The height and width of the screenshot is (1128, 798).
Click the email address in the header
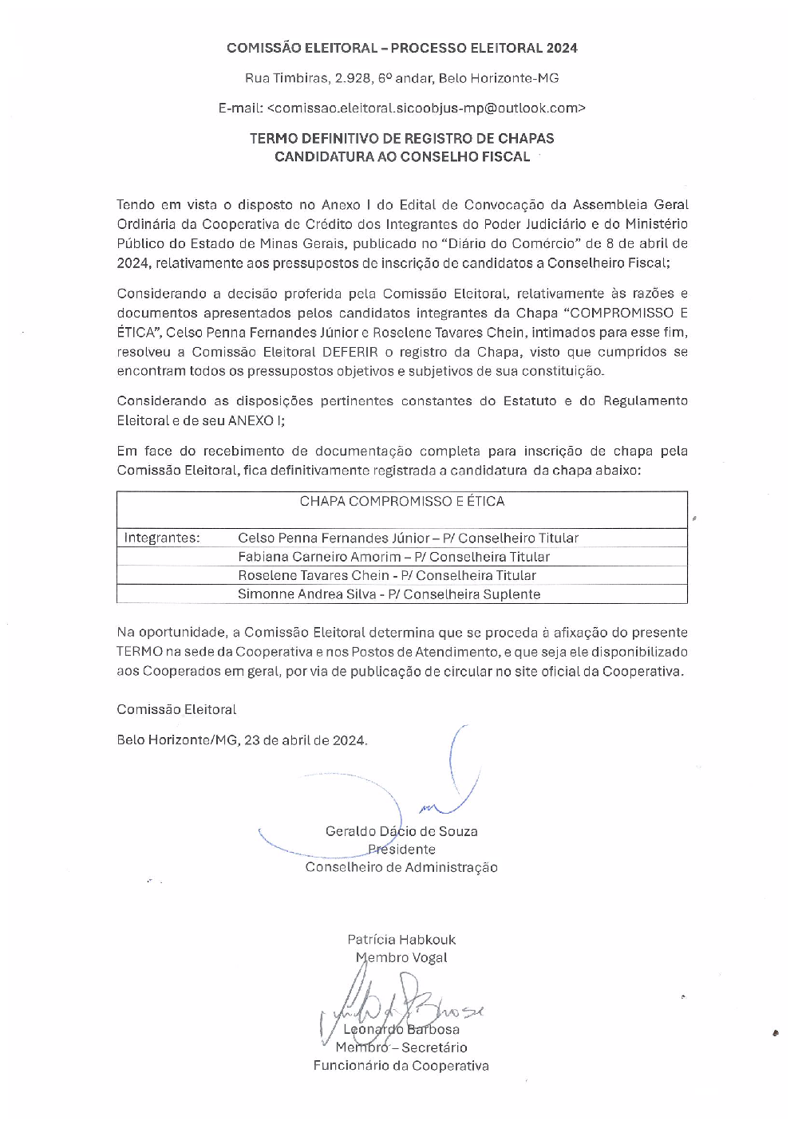point(425,108)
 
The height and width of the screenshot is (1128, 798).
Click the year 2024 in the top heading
point(562,48)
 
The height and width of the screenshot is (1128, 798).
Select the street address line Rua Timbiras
point(401,78)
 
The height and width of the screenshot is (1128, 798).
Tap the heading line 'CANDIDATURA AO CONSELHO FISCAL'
point(401,157)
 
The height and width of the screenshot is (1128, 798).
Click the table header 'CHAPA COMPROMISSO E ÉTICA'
point(401,502)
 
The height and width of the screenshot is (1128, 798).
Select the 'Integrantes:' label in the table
point(161,538)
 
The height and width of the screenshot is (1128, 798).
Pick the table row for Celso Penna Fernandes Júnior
point(408,538)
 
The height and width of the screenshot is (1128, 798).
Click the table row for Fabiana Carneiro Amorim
point(393,557)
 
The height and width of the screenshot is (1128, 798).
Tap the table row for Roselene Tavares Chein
point(387,575)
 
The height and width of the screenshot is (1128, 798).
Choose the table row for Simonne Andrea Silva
point(389,594)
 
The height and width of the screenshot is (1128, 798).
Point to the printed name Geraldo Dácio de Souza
point(401,831)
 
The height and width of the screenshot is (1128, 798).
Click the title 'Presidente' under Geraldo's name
point(401,850)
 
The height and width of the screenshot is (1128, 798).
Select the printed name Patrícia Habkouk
point(401,940)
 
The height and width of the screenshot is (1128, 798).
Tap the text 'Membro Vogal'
point(401,958)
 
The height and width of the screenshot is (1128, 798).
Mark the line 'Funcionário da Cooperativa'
point(401,1066)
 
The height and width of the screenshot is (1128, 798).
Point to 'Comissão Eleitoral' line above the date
point(176,709)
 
